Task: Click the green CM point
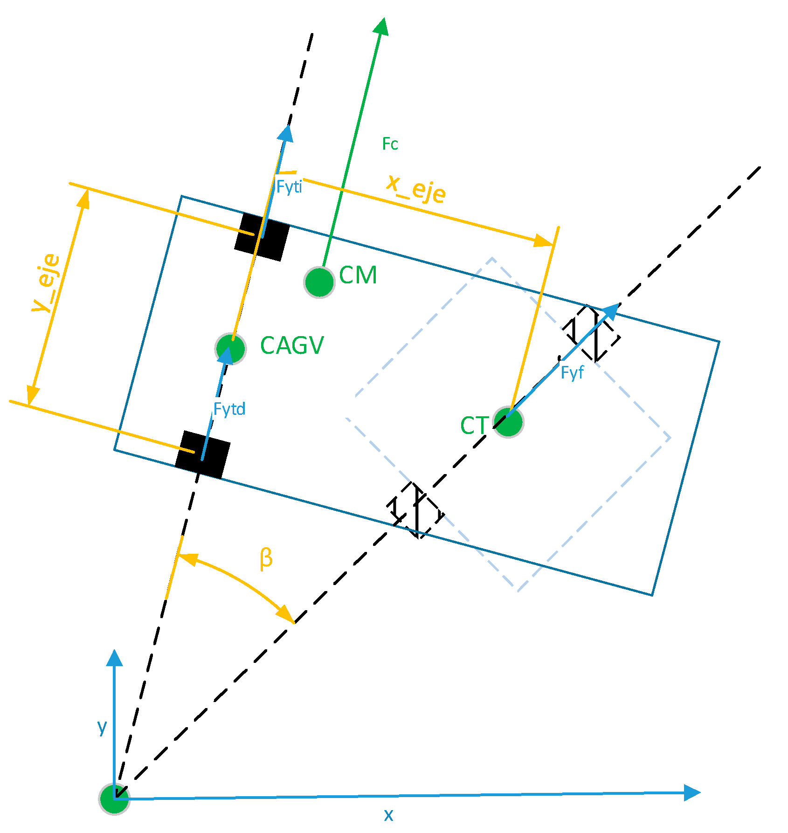(x=319, y=282)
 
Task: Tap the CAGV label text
(x=292, y=346)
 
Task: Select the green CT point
(x=508, y=422)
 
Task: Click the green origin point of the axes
(x=114, y=799)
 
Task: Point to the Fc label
(x=390, y=144)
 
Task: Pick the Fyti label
(x=289, y=187)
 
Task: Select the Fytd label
(x=229, y=409)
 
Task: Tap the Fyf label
(x=572, y=372)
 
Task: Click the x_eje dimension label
(x=416, y=189)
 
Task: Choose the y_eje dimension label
(x=46, y=283)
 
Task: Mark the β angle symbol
(x=266, y=558)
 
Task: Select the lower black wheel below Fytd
(x=203, y=454)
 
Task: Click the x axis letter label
(x=388, y=815)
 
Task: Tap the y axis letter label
(x=102, y=727)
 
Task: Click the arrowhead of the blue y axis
(x=114, y=658)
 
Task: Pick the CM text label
(x=358, y=275)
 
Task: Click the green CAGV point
(x=231, y=348)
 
